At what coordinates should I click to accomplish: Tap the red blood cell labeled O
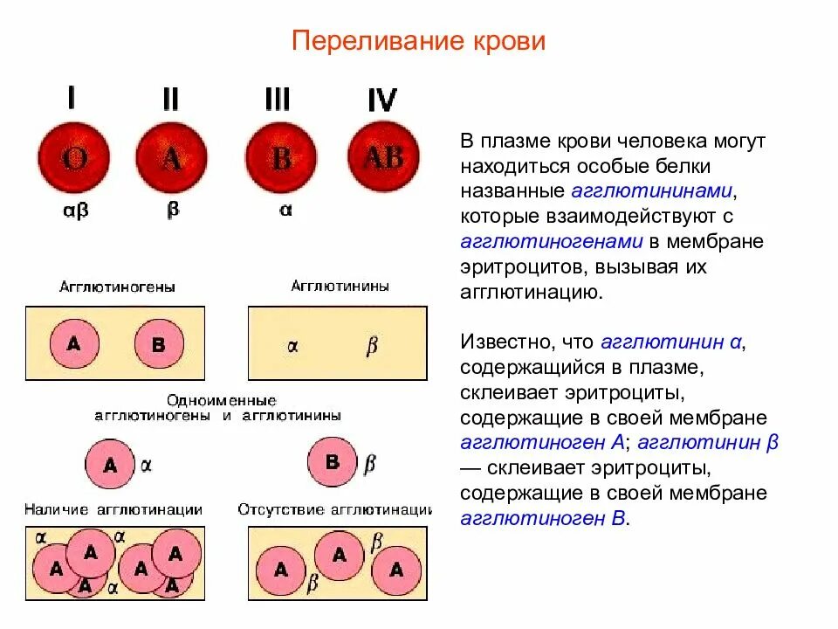[x=73, y=159]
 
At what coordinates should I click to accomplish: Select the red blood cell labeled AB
[x=383, y=157]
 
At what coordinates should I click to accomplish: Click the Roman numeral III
[x=278, y=100]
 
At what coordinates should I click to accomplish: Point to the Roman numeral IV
[x=382, y=101]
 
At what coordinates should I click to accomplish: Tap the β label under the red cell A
[x=172, y=211]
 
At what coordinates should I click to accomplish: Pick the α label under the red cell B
[x=284, y=211]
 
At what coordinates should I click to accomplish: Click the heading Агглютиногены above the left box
[x=117, y=287]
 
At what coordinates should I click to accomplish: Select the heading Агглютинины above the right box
[x=340, y=286]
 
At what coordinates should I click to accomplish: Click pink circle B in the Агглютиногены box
[x=159, y=344]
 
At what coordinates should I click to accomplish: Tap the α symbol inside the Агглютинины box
[x=292, y=346]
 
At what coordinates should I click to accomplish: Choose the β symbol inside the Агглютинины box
[x=371, y=346]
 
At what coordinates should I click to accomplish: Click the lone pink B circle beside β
[x=333, y=460]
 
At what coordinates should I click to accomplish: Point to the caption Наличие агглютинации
[x=113, y=509]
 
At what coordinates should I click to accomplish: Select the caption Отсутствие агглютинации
[x=335, y=509]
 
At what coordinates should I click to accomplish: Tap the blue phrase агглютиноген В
[x=543, y=518]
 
